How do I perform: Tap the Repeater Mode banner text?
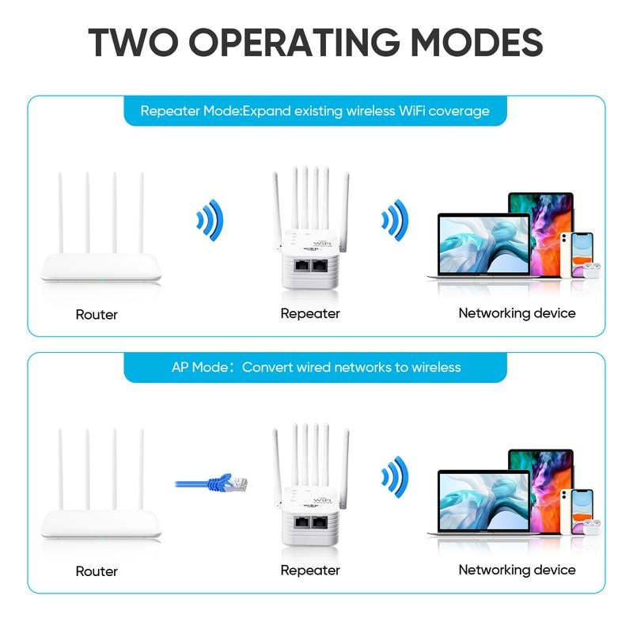pyautogui.click(x=315, y=111)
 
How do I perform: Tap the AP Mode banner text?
pyautogui.click(x=316, y=367)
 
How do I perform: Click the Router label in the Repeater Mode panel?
pyautogui.click(x=97, y=314)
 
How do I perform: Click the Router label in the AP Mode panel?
pyautogui.click(x=97, y=570)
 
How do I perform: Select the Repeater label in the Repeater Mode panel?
pyautogui.click(x=310, y=313)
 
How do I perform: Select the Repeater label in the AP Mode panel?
pyautogui.click(x=310, y=570)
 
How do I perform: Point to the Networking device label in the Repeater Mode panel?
pyautogui.click(x=517, y=313)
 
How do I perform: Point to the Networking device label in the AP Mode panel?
pyautogui.click(x=517, y=569)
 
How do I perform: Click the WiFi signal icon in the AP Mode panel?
pyautogui.click(x=394, y=476)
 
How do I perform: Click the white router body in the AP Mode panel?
pyautogui.click(x=101, y=523)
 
